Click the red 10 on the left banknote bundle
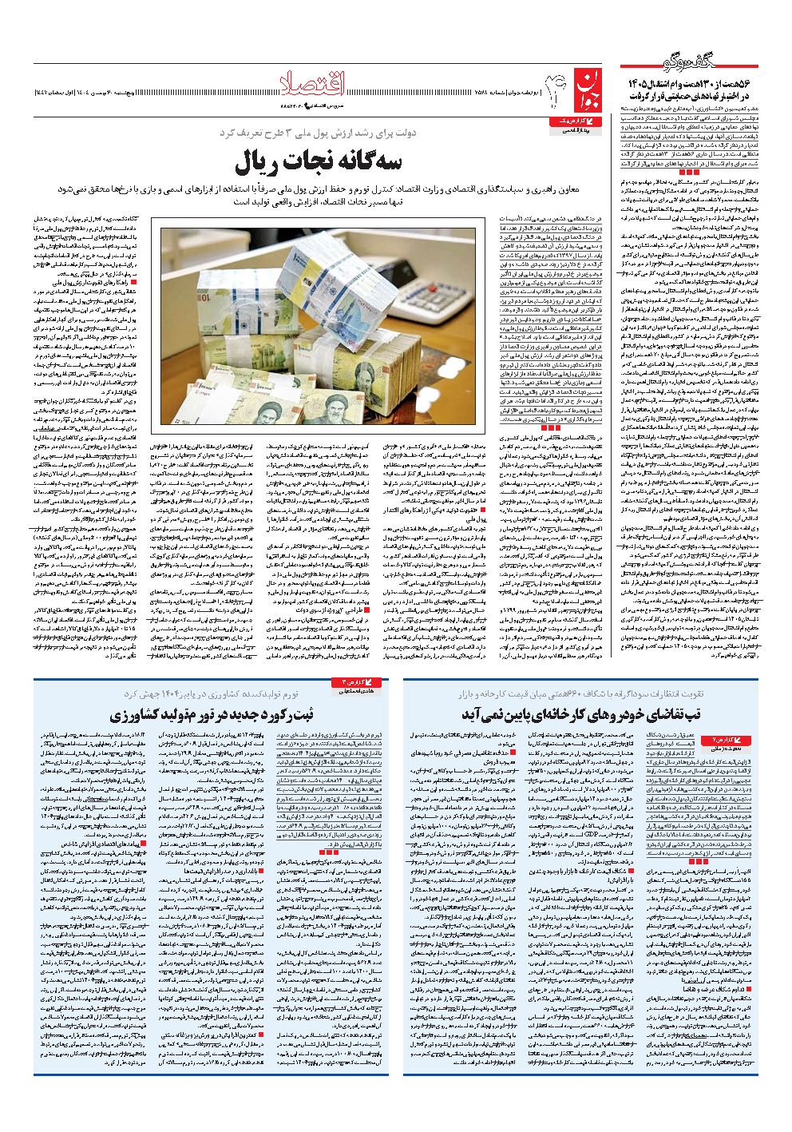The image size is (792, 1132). click(186, 304)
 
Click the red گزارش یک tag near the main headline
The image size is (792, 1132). click(572, 120)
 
